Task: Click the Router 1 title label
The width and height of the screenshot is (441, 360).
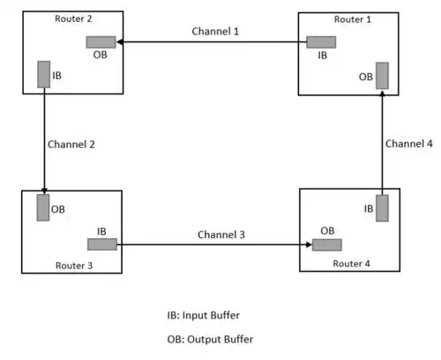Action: [x=353, y=19]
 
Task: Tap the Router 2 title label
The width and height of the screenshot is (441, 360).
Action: [x=73, y=19]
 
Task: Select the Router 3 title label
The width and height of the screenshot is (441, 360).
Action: [x=74, y=266]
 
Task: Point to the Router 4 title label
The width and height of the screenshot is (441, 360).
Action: [x=351, y=264]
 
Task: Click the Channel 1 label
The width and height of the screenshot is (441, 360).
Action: [x=215, y=31]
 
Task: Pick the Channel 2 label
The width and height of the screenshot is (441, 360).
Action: [x=71, y=145]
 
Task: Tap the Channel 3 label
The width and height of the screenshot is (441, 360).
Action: [x=221, y=235]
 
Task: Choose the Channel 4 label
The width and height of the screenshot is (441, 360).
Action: [x=409, y=144]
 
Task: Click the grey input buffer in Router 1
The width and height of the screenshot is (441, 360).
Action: [x=321, y=42]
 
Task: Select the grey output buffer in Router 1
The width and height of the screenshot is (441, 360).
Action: [x=382, y=76]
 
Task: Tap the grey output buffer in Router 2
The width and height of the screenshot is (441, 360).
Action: [x=101, y=42]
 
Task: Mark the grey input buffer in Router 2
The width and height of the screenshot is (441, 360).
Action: [x=44, y=74]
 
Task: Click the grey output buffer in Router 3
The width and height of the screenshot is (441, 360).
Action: [x=43, y=207]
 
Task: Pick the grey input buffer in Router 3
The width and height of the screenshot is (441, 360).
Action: [x=102, y=244]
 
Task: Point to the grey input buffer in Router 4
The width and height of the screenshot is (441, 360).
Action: [x=382, y=208]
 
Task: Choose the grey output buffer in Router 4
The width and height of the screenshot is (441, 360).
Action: [x=327, y=245]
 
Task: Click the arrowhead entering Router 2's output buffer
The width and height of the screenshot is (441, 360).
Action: [x=120, y=42]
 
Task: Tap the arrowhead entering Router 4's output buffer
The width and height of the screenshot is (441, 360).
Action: [x=309, y=244]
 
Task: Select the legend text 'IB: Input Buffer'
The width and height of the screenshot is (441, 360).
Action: [x=204, y=315]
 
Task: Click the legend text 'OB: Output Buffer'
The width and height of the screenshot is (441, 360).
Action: [x=210, y=340]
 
